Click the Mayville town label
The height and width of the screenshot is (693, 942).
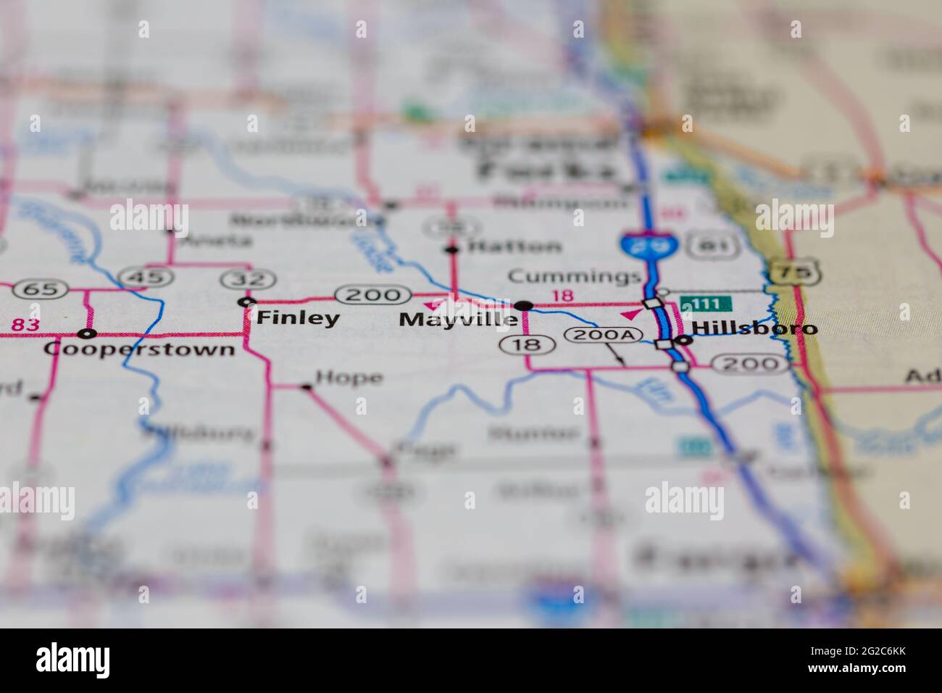459,319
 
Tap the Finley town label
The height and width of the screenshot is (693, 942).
298,318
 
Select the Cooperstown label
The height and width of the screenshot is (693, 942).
139,349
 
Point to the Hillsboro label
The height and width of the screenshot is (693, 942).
754,328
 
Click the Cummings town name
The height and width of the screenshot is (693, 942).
574,276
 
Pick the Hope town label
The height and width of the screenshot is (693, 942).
349,378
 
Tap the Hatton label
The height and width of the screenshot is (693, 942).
514,246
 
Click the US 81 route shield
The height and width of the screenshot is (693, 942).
704,246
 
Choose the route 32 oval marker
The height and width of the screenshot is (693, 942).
238,278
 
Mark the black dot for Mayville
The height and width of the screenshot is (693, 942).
525,305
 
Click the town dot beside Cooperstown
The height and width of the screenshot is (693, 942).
88,334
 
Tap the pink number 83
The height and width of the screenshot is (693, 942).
25,325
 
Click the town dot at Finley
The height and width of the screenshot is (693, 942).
248,302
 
